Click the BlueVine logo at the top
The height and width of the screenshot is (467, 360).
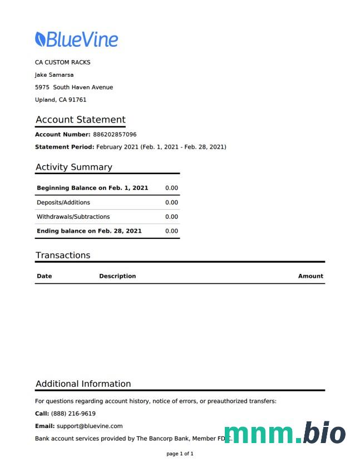77,40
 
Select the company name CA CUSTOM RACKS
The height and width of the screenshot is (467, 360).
62,62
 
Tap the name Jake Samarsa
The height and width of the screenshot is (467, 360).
54,75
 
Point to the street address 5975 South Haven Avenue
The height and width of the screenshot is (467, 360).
73,87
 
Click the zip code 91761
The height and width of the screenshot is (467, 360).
77,100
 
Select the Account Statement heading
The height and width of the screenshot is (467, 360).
80,120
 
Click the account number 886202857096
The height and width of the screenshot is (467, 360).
115,135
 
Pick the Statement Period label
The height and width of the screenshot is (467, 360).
65,147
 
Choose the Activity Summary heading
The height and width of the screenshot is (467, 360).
73,167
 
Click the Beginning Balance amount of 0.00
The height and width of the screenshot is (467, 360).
171,188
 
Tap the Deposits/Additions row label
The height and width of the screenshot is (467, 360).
63,203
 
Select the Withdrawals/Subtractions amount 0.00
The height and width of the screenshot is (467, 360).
171,217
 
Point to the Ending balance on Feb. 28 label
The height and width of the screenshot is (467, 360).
89,231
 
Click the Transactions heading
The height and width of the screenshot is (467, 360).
62,255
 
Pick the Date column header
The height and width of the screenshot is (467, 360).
44,276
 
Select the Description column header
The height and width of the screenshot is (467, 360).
117,276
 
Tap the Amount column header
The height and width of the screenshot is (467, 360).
310,276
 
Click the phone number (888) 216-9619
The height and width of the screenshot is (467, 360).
73,414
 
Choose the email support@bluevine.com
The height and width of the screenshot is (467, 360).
89,426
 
